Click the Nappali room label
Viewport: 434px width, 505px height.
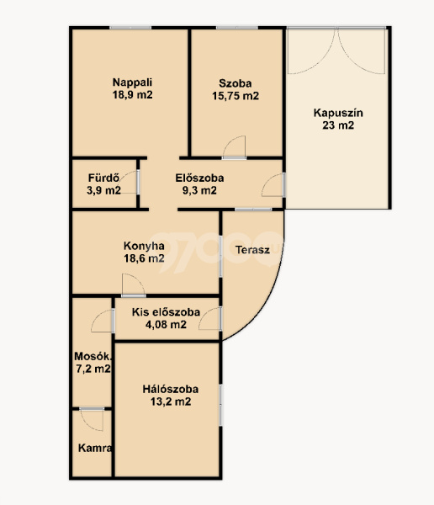point(132,82)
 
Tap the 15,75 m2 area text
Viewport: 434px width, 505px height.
point(236,96)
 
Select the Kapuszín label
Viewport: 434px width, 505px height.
point(338,113)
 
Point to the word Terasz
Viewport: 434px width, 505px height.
point(252,250)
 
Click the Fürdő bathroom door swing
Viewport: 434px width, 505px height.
point(128,183)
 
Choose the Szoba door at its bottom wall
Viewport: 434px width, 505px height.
point(234,147)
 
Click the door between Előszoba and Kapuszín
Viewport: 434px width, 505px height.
point(273,185)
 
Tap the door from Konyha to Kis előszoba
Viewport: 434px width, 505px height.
point(134,284)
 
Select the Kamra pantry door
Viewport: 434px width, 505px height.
point(92,419)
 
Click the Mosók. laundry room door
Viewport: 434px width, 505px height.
point(103,321)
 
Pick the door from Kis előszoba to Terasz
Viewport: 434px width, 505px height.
point(210,318)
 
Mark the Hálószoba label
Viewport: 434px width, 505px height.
point(170,389)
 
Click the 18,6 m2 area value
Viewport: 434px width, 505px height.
point(144,258)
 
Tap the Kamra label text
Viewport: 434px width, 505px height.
point(95,448)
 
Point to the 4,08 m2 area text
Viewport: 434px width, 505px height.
point(166,324)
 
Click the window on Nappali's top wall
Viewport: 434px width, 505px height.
point(130,28)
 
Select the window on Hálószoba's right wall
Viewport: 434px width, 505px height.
point(220,405)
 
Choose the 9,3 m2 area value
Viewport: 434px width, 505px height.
point(199,190)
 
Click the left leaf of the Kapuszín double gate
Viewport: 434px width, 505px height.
point(311,51)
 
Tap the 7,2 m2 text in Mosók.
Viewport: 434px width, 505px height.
point(93,369)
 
